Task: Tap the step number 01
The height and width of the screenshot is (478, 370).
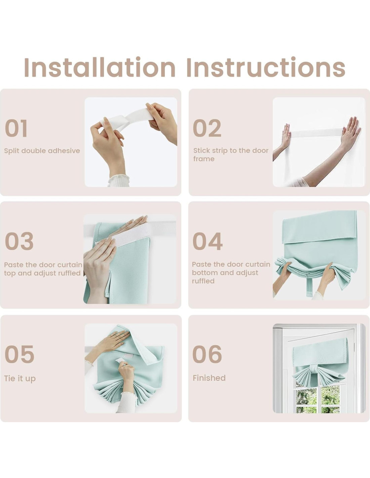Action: click(16, 128)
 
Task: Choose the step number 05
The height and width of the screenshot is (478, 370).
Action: click(20, 354)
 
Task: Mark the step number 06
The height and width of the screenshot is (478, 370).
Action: click(207, 354)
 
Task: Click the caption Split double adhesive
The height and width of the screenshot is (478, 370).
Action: click(42, 151)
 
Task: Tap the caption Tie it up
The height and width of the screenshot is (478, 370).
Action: click(20, 379)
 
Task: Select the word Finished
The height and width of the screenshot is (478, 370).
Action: click(209, 378)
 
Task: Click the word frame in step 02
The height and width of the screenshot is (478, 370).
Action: click(204, 159)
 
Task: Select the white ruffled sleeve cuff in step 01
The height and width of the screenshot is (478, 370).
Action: click(118, 181)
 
